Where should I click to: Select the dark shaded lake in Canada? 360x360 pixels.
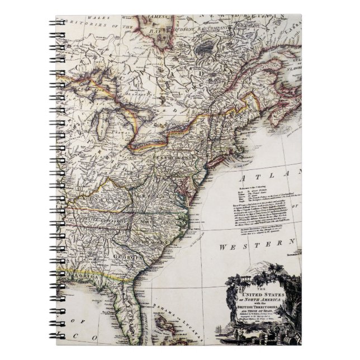[x=209, y=45]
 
